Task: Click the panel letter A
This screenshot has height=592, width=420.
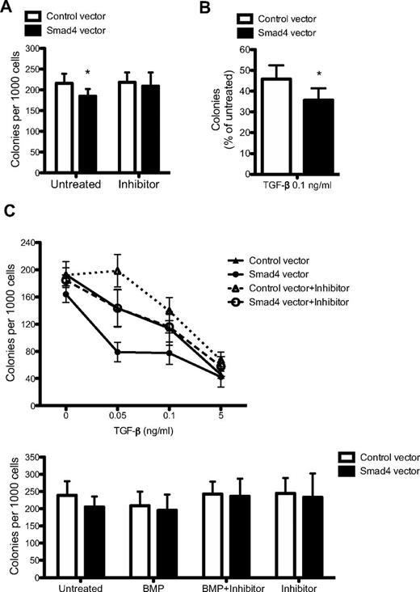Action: pyautogui.click(x=9, y=8)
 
